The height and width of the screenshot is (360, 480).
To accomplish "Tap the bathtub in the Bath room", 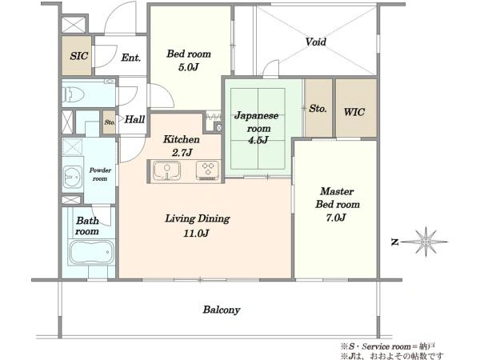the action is (x=91, y=252).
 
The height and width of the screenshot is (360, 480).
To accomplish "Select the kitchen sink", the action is (x=166, y=171).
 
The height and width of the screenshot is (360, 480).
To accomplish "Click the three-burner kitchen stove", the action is (x=207, y=170).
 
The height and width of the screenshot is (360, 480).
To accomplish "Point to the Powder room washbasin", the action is (x=73, y=177).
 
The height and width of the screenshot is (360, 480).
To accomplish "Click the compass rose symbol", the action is (x=426, y=242).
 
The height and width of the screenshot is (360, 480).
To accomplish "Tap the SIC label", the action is (x=79, y=56).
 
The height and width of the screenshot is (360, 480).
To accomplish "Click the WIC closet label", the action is (x=354, y=112).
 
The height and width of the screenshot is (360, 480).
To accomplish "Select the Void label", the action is (x=316, y=42).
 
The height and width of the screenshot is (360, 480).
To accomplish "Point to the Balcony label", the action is (x=222, y=310).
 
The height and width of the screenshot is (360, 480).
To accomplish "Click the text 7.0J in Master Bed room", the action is (x=336, y=218).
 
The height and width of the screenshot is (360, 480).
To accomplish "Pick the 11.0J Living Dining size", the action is (x=196, y=234).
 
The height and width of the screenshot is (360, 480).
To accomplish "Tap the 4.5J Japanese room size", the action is (x=258, y=140).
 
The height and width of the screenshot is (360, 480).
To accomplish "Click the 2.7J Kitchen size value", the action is (x=182, y=152).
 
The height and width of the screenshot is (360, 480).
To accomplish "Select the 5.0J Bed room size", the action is (x=189, y=66).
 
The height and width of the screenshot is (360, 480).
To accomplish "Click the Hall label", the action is (x=134, y=119).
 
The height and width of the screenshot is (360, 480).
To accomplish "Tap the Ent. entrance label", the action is (x=131, y=58).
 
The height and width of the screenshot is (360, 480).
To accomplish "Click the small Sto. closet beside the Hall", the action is (x=110, y=122).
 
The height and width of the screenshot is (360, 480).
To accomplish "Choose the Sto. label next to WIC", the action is (x=318, y=108).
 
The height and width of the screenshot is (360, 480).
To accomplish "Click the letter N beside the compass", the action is (x=395, y=242).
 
